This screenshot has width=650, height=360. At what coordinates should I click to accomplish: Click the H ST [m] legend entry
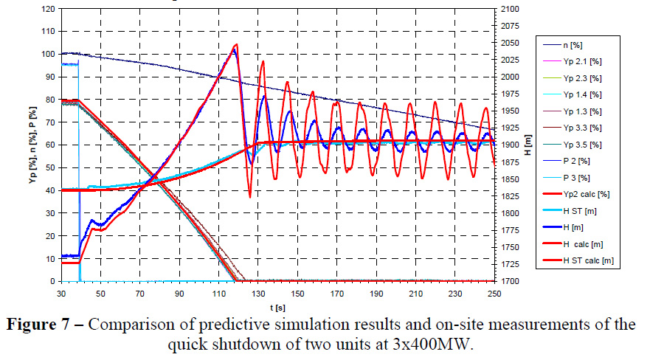click(582, 212)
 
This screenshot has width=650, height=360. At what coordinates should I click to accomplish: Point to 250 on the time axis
click(494, 292)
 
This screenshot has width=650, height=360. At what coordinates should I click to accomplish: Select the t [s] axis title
click(277, 305)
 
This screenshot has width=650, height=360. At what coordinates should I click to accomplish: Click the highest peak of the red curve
click(235, 45)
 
